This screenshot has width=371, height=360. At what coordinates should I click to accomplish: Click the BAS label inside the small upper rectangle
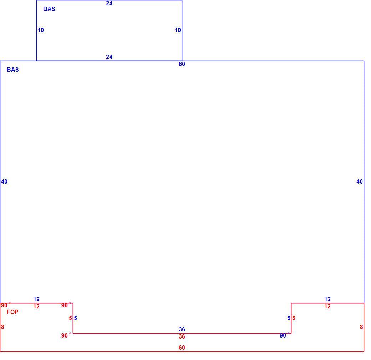tap(49, 9)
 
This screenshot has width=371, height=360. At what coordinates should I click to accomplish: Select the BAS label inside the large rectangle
tap(13, 70)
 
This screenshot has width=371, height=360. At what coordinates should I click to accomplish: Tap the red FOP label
tap(12, 312)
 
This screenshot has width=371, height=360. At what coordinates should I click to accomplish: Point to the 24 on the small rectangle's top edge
tap(109, 3)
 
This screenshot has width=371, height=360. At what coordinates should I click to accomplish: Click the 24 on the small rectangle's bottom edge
tap(109, 57)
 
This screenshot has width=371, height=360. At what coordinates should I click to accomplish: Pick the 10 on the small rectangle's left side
tap(41, 30)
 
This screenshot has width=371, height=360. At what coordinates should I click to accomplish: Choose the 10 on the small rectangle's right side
tap(178, 30)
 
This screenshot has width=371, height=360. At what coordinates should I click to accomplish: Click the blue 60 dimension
tap(182, 64)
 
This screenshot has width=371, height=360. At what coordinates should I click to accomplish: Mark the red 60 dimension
tap(182, 348)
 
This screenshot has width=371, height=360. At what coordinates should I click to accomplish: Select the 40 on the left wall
tap(4, 181)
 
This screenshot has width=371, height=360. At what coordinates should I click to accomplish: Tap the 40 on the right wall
tap(360, 181)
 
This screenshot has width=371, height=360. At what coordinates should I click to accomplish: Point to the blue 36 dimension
tap(182, 329)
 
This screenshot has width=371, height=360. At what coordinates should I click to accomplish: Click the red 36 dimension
tap(182, 336)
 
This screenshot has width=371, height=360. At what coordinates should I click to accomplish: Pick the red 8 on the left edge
tap(2, 327)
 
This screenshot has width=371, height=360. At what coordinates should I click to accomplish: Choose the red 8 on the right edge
tap(361, 327)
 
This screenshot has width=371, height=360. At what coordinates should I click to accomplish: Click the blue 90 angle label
tap(283, 336)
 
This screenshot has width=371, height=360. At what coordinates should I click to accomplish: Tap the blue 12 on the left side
tap(36, 299)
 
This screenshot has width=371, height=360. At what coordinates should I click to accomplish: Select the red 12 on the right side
tap(327, 306)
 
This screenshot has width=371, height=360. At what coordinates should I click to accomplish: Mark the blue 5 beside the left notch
tap(76, 318)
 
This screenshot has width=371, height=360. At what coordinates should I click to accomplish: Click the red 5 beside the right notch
tap(294, 318)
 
